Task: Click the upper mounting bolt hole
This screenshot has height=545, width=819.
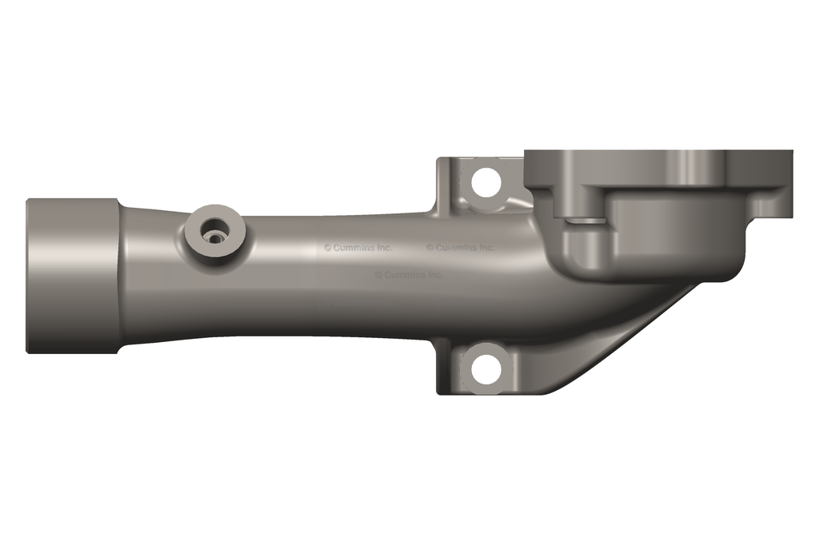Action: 485,182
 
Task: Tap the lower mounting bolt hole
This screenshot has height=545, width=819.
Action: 485,368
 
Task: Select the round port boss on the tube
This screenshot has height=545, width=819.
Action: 214,233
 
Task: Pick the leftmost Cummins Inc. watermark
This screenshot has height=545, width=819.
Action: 358,248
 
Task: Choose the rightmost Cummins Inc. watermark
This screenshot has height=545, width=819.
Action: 460,248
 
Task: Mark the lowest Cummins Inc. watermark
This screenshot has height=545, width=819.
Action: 409,275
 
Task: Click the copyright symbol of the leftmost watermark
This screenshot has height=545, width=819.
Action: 327,248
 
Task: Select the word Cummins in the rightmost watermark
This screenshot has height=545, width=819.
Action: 456,248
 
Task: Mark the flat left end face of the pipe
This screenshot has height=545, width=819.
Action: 29,276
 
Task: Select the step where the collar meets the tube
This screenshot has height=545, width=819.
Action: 119,276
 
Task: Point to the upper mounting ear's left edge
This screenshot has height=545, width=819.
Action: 438,184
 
